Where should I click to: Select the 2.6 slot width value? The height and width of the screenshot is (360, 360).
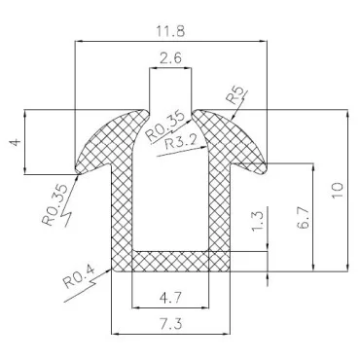pyautogui.click(x=169, y=58)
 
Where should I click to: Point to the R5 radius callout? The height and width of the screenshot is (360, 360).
pyautogui.click(x=234, y=96)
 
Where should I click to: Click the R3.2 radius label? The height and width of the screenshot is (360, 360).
pyautogui.click(x=182, y=145)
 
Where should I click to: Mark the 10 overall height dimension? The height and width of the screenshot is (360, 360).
pyautogui.click(x=337, y=188)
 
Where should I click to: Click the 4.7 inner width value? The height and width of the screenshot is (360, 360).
pyautogui.click(x=169, y=298)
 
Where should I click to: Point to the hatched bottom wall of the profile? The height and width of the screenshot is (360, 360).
pyautogui.click(x=169, y=261)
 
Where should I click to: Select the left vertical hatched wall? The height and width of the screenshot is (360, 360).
pyautogui.click(x=122, y=209)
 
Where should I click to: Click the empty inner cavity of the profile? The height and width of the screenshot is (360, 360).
pyautogui.click(x=169, y=195)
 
